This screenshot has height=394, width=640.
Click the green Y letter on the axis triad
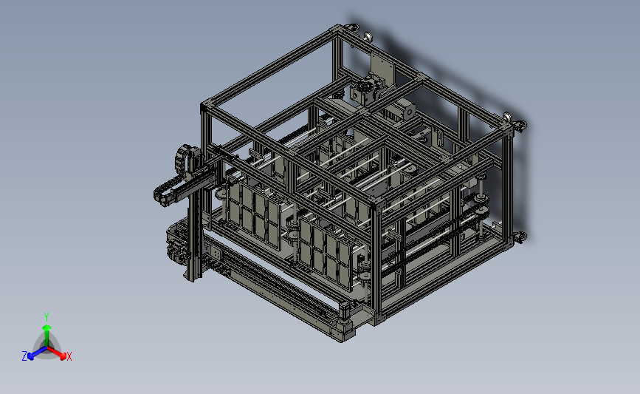click(x=47, y=317)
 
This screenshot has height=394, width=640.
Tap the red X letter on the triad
click(x=69, y=356)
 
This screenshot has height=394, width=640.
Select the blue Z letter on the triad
click(x=24, y=356)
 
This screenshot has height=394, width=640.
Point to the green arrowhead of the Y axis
click(x=47, y=327)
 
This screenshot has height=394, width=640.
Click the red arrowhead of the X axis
click(x=63, y=356)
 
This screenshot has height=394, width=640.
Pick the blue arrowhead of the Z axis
click(x=30, y=356)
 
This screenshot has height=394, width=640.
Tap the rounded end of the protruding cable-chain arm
click(x=159, y=195)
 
